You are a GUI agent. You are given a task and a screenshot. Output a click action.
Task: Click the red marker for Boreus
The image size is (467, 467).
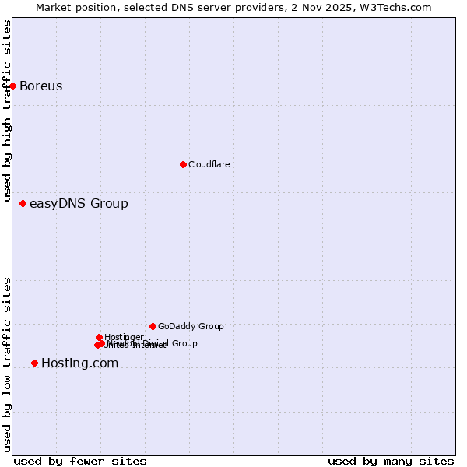pos(13,86)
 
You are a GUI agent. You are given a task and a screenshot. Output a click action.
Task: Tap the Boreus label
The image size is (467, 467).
pos(40,86)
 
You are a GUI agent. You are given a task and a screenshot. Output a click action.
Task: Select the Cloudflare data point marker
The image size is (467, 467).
pos(183,164)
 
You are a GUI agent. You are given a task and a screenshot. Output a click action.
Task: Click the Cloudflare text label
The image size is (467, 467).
pos(209,164)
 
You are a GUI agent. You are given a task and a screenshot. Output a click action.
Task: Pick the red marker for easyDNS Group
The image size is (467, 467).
pos(23,204)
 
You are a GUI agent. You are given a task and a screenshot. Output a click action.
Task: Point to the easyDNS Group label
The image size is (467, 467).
pos(79,204)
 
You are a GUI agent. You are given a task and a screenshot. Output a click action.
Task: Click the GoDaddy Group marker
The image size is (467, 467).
pos(153,326)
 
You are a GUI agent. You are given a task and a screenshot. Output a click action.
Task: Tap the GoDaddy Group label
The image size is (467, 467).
pos(191,326)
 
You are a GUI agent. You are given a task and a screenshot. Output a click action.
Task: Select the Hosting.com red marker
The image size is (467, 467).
pos(34,363)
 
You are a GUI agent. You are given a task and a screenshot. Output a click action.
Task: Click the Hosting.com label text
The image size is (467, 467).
pos(79,363)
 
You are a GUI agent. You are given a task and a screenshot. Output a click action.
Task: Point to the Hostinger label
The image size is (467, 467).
pos(124,337)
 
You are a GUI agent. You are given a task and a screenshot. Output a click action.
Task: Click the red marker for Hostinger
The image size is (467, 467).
pos(99,337)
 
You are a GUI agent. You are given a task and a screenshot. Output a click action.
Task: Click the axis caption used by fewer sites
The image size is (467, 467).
pos(80,461)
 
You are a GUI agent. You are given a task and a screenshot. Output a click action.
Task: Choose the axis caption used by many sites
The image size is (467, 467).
pos(391,461)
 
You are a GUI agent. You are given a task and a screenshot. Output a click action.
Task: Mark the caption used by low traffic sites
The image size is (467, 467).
pos(7,364)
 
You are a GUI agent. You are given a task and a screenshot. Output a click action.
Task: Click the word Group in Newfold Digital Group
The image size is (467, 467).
pos(184,343)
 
